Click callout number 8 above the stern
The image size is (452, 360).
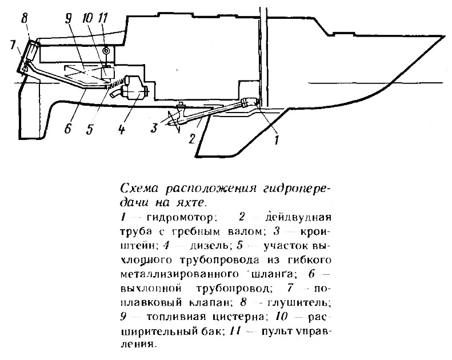pos(24,19)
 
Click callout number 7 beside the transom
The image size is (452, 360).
pos(13,46)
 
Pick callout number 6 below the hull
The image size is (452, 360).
pos(68,128)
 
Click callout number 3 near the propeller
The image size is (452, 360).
pos(154,127)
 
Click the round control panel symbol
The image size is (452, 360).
pos(106,51)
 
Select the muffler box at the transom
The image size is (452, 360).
pos(32,50)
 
